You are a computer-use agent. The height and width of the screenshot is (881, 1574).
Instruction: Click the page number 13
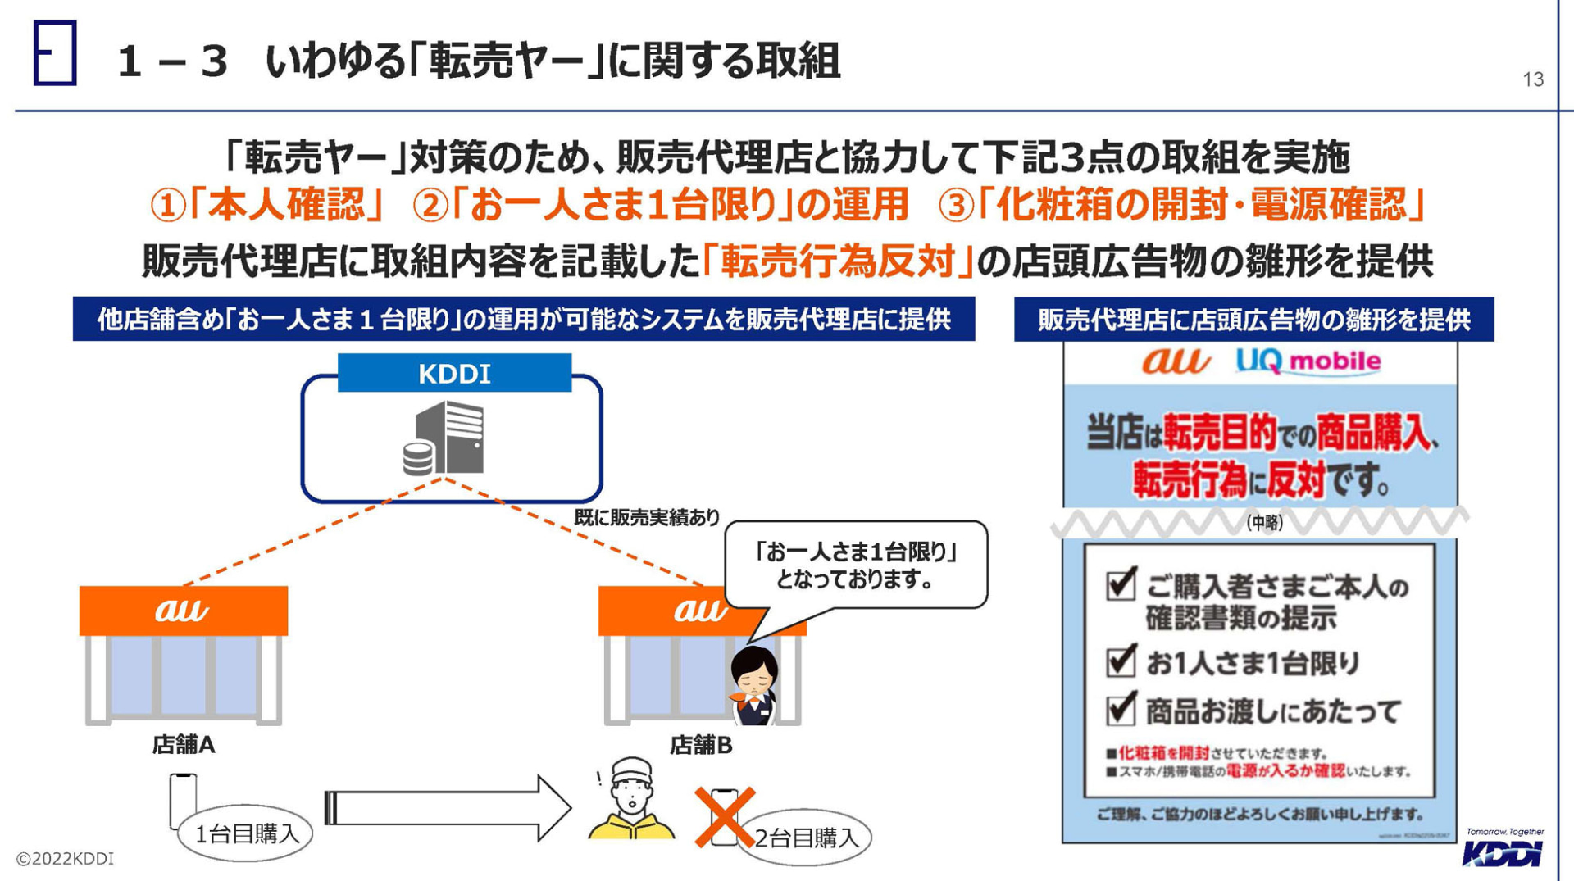1533,79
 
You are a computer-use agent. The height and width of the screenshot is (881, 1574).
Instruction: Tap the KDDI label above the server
454,374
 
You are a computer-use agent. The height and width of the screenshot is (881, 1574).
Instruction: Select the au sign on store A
183,611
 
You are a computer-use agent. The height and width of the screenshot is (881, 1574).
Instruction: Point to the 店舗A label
184,744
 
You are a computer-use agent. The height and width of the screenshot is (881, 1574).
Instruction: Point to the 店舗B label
701,745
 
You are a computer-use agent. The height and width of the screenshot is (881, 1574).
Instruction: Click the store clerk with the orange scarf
753,686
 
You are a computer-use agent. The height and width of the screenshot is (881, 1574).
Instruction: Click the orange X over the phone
724,817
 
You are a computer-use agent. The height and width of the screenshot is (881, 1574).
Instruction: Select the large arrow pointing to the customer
447,808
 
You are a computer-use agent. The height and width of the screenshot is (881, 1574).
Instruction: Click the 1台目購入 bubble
246,833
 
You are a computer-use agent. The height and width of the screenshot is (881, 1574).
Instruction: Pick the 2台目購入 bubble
806,838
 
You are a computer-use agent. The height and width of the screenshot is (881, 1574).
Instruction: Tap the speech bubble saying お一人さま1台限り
856,565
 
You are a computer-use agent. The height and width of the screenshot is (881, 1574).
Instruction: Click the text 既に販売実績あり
646,517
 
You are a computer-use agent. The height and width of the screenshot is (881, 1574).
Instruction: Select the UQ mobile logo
1308,361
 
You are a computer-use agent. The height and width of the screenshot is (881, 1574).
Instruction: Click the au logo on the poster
1176,361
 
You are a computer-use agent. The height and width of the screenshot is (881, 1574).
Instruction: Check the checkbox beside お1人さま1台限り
1121,661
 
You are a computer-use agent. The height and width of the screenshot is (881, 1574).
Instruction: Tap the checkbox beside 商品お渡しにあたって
1121,709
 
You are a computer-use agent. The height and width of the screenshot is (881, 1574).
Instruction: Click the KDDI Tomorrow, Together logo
1503,848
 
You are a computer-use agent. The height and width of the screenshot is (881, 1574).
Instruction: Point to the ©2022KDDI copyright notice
66,859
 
